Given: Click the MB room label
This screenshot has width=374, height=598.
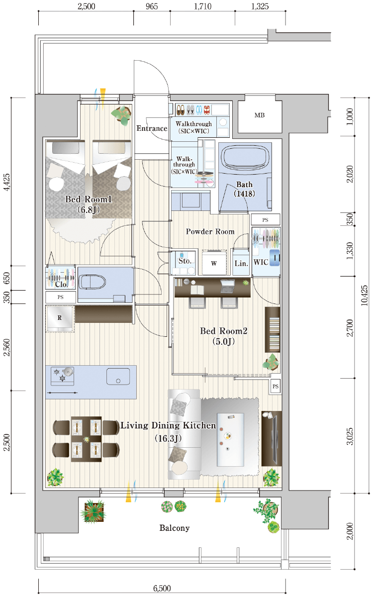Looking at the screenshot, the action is [x=259, y=115].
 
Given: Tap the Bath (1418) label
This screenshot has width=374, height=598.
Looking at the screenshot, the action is [x=244, y=189].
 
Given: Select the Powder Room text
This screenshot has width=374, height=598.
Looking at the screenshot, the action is [x=210, y=231].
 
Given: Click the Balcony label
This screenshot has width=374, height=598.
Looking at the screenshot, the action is [x=175, y=528].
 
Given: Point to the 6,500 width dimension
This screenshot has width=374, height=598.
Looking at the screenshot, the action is [x=162, y=588].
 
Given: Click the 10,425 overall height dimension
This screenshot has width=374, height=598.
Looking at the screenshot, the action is [x=364, y=296].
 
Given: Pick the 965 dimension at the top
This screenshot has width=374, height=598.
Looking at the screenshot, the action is [x=152, y=6].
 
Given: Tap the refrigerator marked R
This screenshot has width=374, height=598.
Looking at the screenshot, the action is [x=60, y=318].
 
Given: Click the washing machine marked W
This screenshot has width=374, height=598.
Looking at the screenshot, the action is [x=214, y=263].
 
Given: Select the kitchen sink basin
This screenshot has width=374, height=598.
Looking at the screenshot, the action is [x=118, y=376].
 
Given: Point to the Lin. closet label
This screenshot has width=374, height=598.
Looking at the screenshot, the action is [x=241, y=264].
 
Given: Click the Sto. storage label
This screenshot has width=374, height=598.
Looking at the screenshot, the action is [x=185, y=261].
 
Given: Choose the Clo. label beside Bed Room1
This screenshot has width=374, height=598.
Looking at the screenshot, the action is [x=61, y=284].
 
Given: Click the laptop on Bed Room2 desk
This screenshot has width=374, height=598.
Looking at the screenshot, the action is [x=227, y=286].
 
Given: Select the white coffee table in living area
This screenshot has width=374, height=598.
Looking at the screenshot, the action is [x=230, y=440].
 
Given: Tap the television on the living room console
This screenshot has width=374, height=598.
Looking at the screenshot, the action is [x=274, y=439].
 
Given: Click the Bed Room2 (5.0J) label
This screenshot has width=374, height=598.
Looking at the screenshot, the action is [x=224, y=336].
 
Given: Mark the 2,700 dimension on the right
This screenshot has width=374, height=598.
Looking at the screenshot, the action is [x=350, y=327].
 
